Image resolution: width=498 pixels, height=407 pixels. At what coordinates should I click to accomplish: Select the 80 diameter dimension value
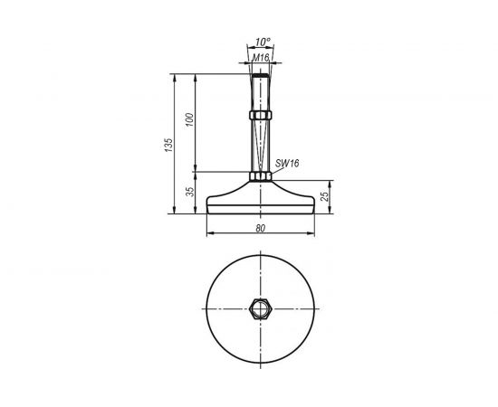(x=261, y=228)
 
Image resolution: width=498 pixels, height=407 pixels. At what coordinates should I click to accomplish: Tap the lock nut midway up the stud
(x=261, y=116)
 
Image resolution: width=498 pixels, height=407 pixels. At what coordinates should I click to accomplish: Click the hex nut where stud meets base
(x=261, y=175)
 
